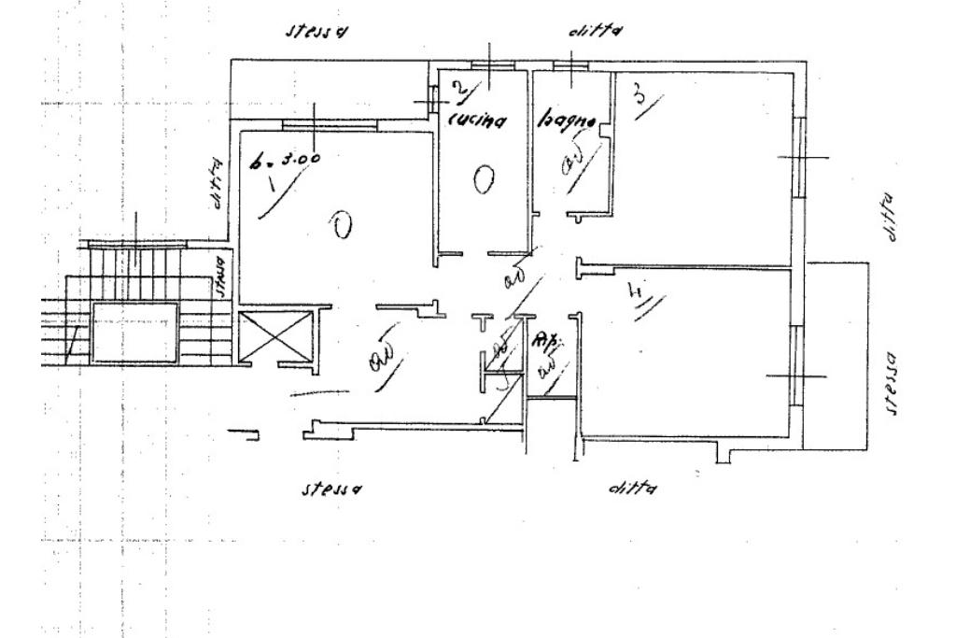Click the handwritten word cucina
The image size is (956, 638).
[x=477, y=121]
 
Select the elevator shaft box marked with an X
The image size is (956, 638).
[x=276, y=336]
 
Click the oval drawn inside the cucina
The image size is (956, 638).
[x=483, y=179]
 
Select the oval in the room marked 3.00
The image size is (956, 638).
[x=342, y=224]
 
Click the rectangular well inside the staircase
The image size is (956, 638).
[x=135, y=332]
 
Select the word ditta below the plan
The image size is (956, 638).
[x=631, y=488]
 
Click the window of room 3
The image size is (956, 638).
[x=798, y=158]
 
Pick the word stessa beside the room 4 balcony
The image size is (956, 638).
[x=892, y=383]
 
